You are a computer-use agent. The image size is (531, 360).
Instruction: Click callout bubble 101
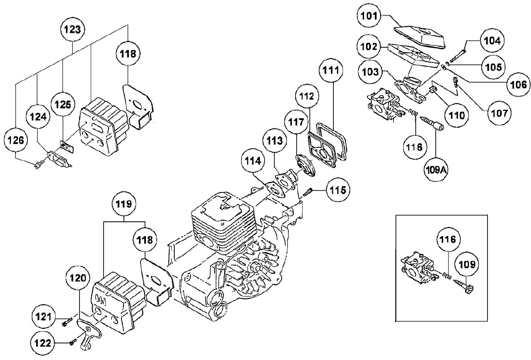369,16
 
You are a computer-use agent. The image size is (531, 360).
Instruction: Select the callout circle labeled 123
72,29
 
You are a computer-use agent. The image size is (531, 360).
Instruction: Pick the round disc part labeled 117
303,161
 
